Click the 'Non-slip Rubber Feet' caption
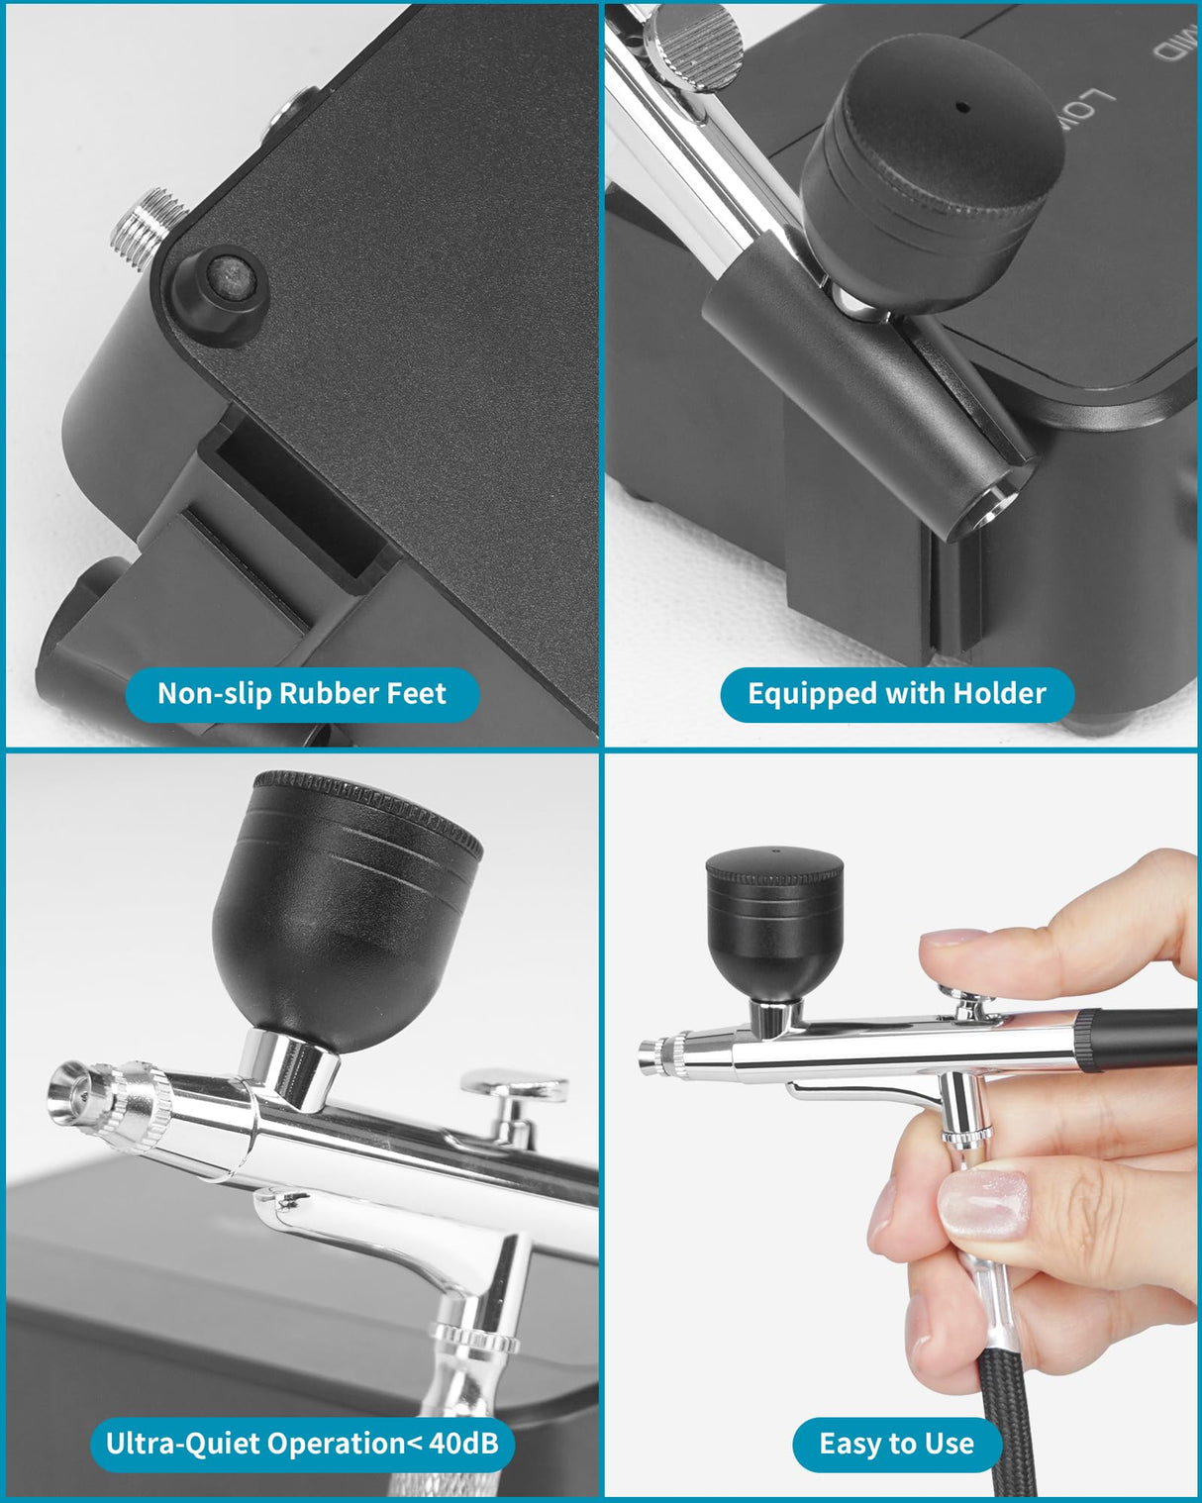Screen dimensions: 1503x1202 coord(302,693)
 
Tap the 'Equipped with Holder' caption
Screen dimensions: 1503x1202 coord(896,693)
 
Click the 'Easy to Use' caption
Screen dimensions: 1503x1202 coord(896,1444)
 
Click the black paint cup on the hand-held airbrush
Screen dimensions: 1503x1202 coord(773,921)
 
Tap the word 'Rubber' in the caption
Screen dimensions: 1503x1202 coord(331,693)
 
